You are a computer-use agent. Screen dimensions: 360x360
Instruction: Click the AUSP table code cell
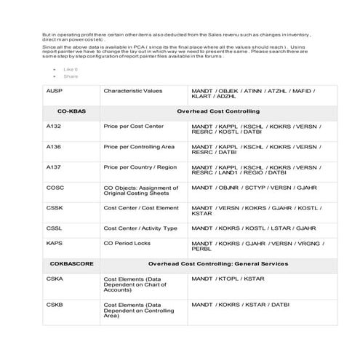click(54, 91)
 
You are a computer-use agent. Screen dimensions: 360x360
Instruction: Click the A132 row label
click(54, 127)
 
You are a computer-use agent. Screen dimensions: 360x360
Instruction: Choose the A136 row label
click(54, 146)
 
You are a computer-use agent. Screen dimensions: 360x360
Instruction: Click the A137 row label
click(54, 167)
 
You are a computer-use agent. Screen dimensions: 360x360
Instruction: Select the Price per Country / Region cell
click(140, 167)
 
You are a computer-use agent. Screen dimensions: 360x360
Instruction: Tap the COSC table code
click(55, 187)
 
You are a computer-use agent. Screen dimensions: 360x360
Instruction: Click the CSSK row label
click(55, 207)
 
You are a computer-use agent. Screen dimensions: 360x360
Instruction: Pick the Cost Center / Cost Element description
click(141, 207)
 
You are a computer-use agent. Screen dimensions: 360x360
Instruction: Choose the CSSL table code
click(55, 228)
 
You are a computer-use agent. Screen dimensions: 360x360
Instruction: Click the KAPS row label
click(55, 242)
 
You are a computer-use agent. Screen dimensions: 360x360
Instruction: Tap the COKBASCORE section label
click(72, 263)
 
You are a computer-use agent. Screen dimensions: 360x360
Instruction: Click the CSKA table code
click(55, 278)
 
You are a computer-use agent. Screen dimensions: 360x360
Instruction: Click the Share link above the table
click(71, 76)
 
